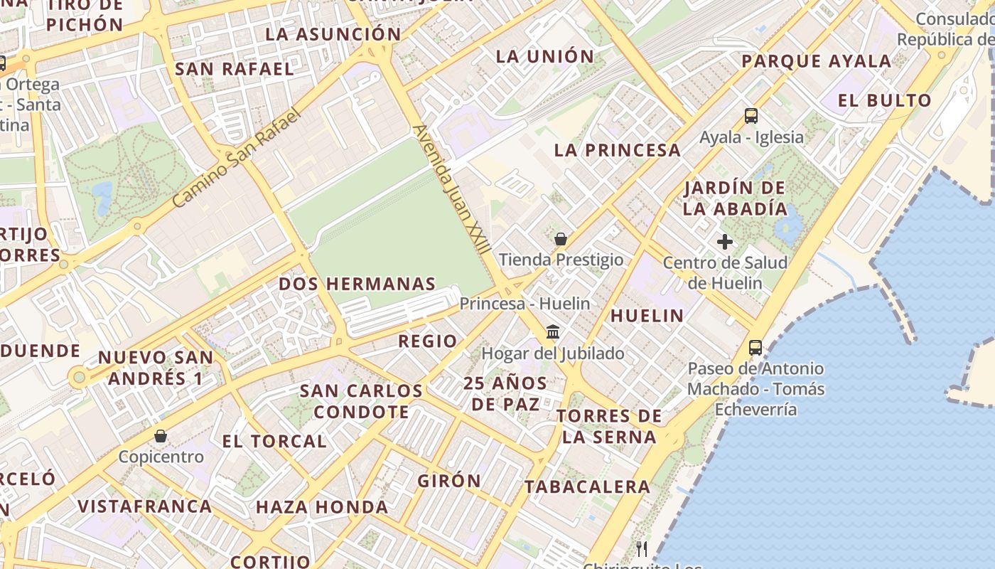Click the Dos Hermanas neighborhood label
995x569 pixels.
coord(357,284)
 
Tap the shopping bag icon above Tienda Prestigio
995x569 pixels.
coord(561,239)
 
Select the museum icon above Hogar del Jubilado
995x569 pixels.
coord(553,331)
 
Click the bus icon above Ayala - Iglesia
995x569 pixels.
coord(751,115)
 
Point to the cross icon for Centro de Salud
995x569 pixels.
coord(725,242)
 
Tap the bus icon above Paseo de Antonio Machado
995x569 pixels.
coord(755,348)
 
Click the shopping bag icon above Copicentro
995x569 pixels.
coord(161,435)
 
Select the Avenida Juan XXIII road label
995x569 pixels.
coord(452,190)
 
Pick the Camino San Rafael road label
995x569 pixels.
coord(237,159)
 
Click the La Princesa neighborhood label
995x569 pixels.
coord(618,150)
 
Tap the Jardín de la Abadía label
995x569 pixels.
coord(735,198)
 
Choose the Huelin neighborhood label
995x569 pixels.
coord(647,316)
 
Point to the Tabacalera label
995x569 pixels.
coord(587,487)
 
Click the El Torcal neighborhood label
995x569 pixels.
coord(274,441)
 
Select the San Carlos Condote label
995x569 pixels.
coord(361,401)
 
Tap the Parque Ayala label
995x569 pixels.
coord(816,61)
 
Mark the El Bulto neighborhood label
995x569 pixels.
coord(884,100)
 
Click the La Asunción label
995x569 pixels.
coord(333,34)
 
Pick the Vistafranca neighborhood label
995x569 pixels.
coord(144,506)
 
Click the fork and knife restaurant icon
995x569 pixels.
coord(642,548)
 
